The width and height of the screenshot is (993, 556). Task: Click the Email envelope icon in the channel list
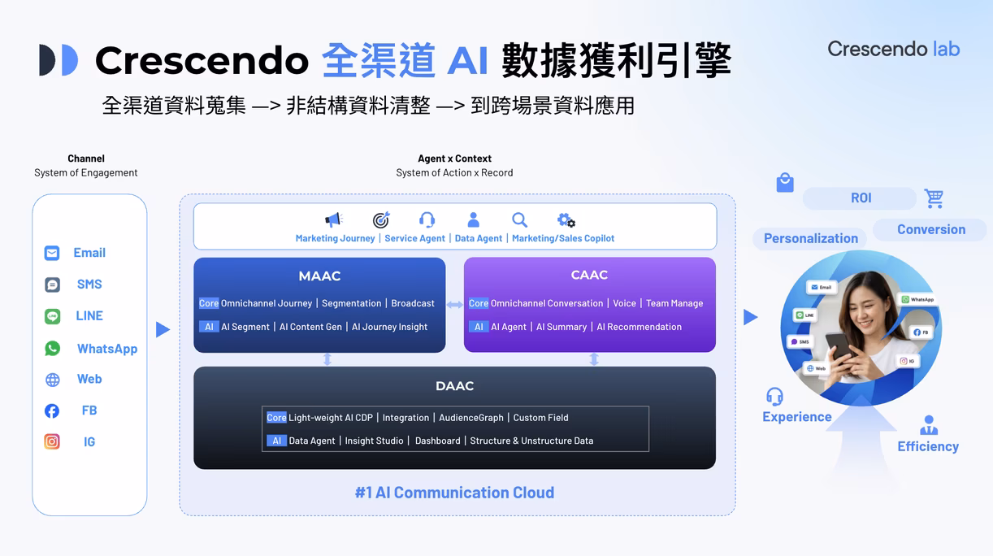[52, 253]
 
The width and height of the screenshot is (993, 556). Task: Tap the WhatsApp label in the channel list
[106, 349]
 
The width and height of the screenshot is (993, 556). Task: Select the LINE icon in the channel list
[52, 316]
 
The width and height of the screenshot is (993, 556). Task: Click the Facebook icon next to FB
[52, 410]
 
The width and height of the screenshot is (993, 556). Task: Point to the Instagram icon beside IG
[52, 442]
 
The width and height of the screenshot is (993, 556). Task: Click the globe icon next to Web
[52, 380]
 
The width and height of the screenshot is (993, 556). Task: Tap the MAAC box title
[319, 276]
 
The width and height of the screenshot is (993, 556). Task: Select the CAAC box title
[589, 275]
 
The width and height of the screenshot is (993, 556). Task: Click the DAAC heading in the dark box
[454, 386]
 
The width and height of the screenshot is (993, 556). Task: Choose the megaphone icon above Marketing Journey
[334, 219]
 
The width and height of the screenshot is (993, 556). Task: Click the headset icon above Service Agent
[427, 219]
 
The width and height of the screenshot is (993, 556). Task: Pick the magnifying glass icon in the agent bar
[519, 219]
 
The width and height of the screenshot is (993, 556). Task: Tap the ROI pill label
[861, 198]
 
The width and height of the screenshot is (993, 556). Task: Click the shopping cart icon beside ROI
[934, 198]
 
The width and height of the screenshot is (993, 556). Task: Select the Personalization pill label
[810, 238]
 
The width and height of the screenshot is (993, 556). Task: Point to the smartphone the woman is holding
[839, 347]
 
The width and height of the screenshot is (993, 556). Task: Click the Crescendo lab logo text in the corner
[893, 49]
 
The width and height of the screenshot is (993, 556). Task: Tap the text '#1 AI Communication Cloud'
[454, 493]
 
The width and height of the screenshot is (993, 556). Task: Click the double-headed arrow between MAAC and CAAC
[455, 305]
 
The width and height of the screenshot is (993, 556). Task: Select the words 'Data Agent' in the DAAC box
[312, 441]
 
